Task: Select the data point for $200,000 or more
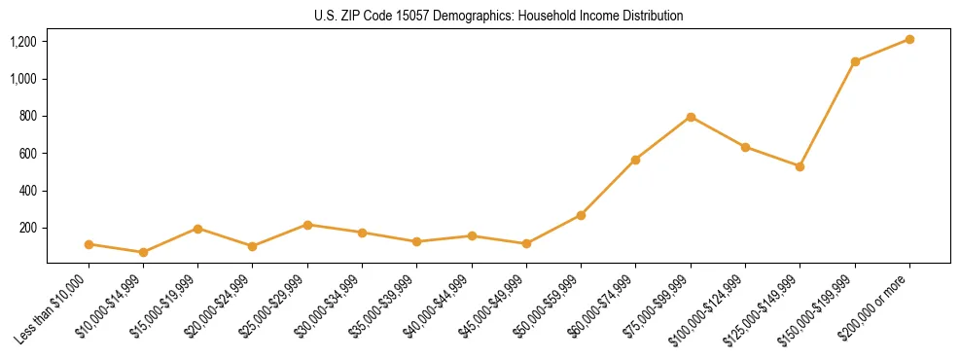909,39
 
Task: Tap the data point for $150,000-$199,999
855,61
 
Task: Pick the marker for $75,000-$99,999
691,117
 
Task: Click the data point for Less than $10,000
89,244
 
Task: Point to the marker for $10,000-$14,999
143,252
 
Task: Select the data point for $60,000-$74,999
635,160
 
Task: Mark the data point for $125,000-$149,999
800,166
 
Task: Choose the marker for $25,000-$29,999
307,225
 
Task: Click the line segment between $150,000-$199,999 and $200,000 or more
882,51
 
